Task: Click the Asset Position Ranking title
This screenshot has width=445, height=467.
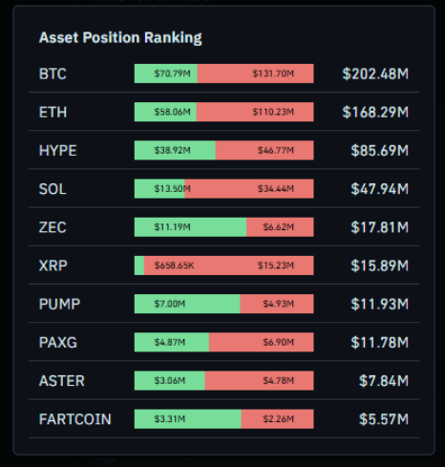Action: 120,38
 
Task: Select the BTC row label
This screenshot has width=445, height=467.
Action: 53,74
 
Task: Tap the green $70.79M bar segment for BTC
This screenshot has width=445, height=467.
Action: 166,74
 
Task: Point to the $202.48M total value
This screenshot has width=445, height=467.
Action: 375,74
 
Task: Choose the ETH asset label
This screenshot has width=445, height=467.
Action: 53,112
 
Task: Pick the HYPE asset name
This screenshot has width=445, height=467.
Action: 58,150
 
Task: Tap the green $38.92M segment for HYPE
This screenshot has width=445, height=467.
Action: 175,150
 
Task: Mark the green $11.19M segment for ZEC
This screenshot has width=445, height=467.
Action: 190,227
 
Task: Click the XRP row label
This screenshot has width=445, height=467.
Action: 53,265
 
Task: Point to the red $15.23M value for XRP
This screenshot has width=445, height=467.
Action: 274,265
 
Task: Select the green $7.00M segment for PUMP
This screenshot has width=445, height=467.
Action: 187,304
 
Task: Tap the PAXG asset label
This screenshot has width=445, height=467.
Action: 58,342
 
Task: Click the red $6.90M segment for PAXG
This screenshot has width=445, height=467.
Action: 262,342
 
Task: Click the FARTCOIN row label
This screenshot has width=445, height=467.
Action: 75,419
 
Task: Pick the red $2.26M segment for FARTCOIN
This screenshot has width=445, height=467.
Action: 277,419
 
